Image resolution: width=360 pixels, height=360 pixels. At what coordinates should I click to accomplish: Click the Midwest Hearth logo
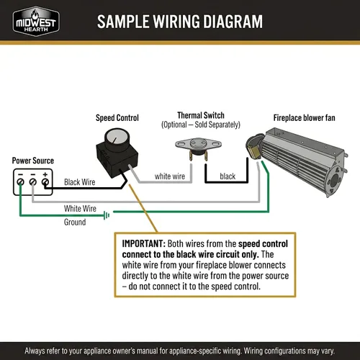pos(36,21)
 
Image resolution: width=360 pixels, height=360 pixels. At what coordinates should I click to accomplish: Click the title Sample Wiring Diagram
pos(180,22)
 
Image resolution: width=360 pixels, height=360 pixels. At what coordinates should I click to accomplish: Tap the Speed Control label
pos(117,118)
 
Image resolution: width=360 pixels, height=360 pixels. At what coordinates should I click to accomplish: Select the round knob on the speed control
pos(117,138)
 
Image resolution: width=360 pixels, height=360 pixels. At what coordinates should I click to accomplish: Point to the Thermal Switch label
pos(201,115)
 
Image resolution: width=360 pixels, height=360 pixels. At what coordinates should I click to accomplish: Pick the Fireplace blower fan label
pos(305,118)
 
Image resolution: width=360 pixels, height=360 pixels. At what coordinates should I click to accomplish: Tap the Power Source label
pos(33,161)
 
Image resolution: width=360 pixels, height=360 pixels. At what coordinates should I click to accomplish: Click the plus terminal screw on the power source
pos(45,182)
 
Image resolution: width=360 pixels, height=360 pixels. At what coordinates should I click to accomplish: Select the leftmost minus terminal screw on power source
pos(21,182)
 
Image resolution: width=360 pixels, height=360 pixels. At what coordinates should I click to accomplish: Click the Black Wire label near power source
pos(79,182)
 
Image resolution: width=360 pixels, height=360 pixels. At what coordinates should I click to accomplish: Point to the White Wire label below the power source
pos(80,208)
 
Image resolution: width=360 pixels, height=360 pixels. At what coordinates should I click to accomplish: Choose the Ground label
pos(75,222)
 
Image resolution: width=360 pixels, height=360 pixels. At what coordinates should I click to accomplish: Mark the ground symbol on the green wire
pos(107,215)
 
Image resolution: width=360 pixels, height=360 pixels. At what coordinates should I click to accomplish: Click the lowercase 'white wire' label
pos(170,176)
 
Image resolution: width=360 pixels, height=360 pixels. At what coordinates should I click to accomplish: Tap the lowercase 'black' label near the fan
pos(228,176)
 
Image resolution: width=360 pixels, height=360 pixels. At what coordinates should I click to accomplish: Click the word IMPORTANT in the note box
pos(144,243)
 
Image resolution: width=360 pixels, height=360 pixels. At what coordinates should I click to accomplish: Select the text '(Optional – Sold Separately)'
pos(201,125)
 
